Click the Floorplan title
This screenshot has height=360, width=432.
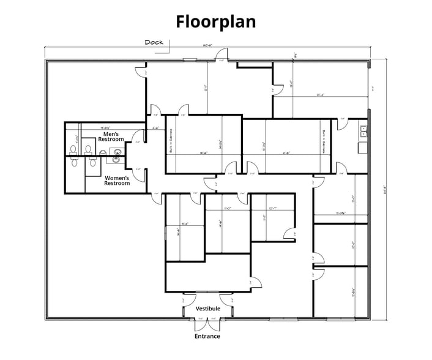[x=216, y=21]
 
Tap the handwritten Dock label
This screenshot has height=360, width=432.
[x=154, y=42]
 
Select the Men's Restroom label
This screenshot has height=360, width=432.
[x=111, y=137]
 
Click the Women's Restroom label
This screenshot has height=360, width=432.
[x=116, y=181]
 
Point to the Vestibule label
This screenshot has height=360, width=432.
[x=208, y=309]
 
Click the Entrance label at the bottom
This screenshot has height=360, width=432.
[x=207, y=336]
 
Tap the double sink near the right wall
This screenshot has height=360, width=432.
[x=362, y=130]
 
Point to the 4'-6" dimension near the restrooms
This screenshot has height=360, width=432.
[x=156, y=128]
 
